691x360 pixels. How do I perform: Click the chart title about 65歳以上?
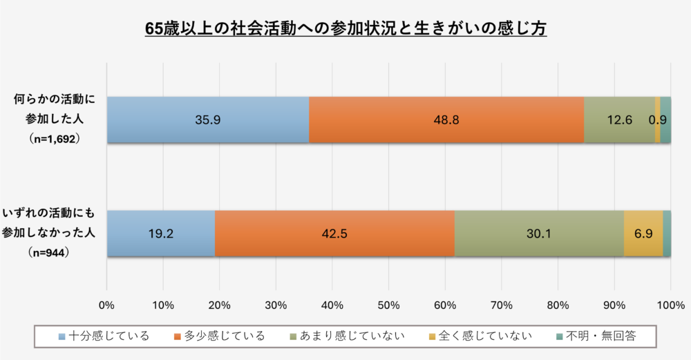[346, 28]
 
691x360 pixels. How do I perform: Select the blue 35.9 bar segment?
[208, 120]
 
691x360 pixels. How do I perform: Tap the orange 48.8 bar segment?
[446, 120]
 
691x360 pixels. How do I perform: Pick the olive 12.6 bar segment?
[620, 120]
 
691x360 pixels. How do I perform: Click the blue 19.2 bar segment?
[161, 234]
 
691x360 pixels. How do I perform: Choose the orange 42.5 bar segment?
[335, 234]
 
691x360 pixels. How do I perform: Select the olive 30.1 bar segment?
[540, 234]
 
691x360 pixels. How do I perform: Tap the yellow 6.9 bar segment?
[643, 234]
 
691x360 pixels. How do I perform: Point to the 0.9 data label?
[658, 120]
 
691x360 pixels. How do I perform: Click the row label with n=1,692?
[54, 119]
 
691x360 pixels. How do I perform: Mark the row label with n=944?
[48, 233]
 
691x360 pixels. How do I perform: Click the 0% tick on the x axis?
[106, 305]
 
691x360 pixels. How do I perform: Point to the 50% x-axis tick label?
[388, 305]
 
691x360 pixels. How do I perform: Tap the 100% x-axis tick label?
[671, 305]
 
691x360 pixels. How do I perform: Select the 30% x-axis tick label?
[276, 305]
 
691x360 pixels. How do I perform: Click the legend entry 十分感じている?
[104, 337]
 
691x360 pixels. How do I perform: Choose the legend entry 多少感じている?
[220, 337]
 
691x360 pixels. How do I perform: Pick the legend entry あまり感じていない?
[347, 337]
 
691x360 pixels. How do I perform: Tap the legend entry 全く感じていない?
[480, 337]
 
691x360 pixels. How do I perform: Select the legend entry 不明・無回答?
[596, 337]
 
